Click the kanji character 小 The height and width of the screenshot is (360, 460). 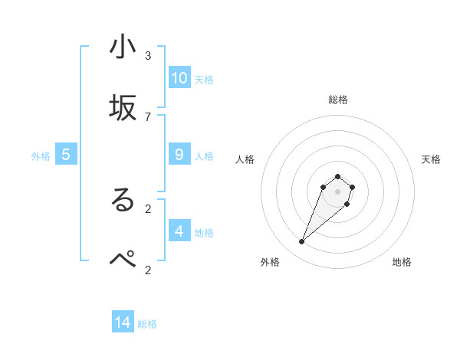[123, 47]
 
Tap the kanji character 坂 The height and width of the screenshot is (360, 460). [123, 108]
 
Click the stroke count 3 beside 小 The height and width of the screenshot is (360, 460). [148, 56]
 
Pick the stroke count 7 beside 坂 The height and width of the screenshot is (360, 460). [148, 116]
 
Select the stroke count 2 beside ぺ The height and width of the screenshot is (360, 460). [148, 269]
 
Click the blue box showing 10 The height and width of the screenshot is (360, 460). [179, 78]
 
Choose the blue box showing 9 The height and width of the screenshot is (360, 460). [179, 155]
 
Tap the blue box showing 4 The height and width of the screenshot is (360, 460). [179, 231]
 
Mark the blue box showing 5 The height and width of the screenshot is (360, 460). [66, 155]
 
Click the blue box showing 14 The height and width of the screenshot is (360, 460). [123, 322]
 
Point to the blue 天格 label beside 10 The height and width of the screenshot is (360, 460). [204, 80]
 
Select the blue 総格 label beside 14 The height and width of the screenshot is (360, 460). [147, 324]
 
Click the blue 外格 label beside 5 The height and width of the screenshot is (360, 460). [41, 156]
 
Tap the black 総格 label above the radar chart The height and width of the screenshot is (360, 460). [338, 100]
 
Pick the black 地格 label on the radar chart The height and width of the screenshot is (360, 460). [402, 263]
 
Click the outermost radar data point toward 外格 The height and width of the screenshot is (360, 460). [302, 242]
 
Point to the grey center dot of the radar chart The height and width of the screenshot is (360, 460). [337, 191]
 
